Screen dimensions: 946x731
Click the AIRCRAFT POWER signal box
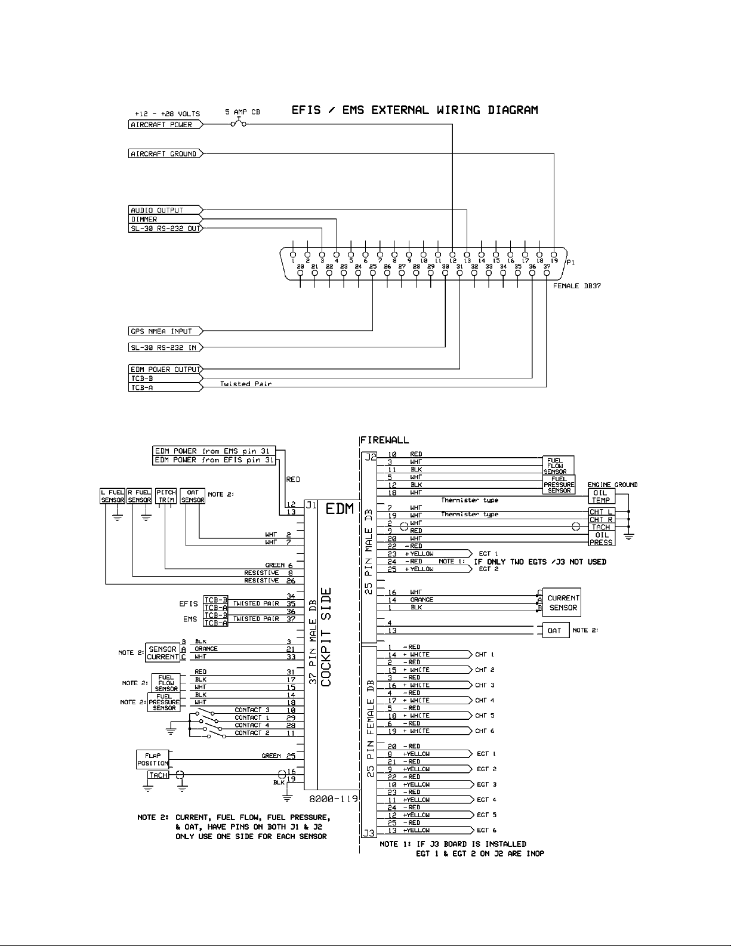point(164,125)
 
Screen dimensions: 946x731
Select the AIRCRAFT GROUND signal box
point(164,154)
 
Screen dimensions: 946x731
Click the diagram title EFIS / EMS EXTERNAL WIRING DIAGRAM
point(415,110)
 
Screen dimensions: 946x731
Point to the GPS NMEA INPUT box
point(164,331)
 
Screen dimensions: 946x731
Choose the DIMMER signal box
point(164,219)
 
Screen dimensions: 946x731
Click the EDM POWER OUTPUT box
point(164,369)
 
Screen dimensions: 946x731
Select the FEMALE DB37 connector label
point(576,286)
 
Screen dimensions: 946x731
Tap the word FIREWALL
point(385,440)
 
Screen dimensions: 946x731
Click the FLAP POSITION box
point(153,760)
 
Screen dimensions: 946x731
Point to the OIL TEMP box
point(601,497)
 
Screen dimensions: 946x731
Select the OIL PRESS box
point(601,539)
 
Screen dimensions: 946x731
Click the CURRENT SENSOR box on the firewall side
point(563,602)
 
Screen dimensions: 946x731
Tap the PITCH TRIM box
point(166,496)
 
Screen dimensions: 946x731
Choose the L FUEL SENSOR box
point(112,496)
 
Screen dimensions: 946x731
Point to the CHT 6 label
point(485,731)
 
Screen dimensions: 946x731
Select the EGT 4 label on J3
point(486,800)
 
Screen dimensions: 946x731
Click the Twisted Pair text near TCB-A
point(246,384)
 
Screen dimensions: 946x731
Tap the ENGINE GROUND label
point(613,485)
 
